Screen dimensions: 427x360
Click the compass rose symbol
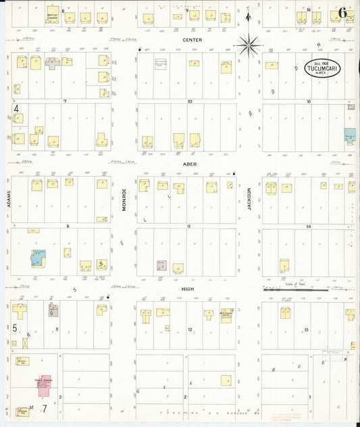(248, 45)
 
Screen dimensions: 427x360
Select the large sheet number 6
(343, 13)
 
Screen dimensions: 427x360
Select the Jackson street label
(249, 199)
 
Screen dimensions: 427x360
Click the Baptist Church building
(52, 16)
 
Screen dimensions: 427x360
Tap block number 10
(190, 101)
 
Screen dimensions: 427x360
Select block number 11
(190, 226)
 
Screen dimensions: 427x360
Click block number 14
(308, 226)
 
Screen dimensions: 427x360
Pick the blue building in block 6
(38, 257)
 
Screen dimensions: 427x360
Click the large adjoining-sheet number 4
(16, 107)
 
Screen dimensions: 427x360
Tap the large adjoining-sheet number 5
(14, 328)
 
